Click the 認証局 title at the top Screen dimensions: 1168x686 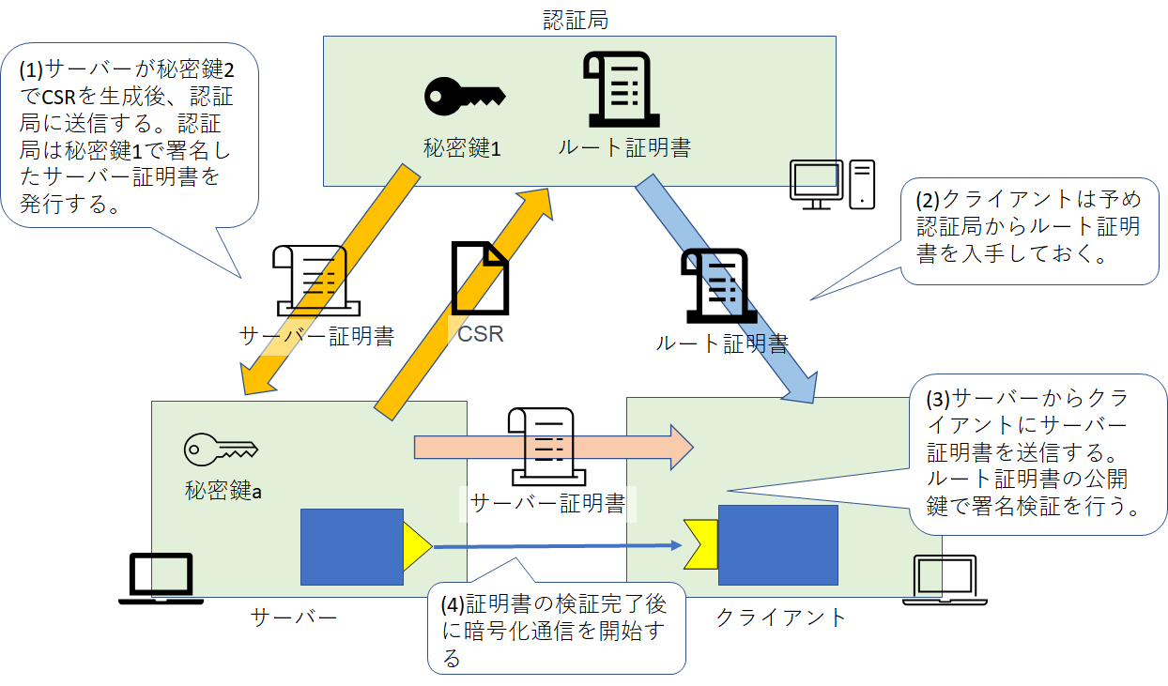[576, 20]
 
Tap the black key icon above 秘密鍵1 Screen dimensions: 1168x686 [465, 97]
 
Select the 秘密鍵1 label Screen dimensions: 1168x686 [462, 148]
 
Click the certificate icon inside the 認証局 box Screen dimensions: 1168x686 [622, 89]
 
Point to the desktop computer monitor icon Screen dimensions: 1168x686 [816, 185]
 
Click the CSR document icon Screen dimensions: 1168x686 [480, 278]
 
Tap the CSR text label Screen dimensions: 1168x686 [480, 334]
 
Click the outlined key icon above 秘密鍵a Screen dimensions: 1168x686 [221, 449]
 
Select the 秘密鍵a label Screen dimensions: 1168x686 [223, 491]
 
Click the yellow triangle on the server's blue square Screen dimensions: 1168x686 [416, 546]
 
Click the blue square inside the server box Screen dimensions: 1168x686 [352, 547]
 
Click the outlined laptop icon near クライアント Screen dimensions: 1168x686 [945, 580]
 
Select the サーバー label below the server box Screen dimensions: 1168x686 [294, 617]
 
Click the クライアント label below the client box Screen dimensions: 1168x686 [780, 617]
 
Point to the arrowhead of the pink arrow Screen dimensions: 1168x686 [682, 448]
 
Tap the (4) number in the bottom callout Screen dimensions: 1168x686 [452, 604]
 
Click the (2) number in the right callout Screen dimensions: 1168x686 [928, 200]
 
